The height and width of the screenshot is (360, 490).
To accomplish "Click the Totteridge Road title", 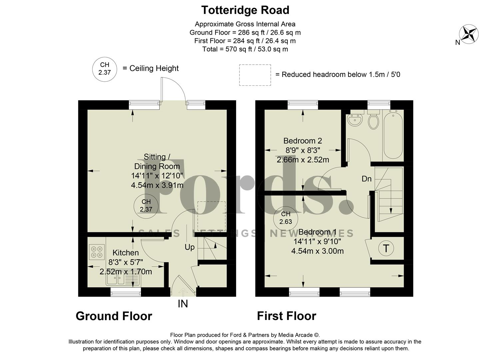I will [245, 10].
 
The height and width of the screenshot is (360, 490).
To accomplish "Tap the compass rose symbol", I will [469, 34].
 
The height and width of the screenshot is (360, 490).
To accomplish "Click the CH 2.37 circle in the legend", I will [105, 69].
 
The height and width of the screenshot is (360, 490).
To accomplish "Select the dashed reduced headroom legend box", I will [255, 75].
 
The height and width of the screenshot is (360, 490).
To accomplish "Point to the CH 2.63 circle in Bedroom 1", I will [285, 218].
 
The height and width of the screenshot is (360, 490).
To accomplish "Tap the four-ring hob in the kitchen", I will [97, 252].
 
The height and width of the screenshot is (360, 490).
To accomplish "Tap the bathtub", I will [393, 135].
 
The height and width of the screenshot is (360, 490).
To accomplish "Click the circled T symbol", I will [386, 248].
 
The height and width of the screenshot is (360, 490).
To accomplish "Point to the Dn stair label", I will [366, 179].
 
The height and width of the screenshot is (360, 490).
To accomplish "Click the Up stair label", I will [190, 247].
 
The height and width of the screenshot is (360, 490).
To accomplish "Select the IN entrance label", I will [183, 304].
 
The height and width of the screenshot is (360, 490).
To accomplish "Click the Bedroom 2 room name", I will [302, 141].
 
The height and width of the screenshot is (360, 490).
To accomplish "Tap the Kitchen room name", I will [126, 253].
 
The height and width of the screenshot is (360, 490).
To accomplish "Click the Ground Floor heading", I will [114, 316].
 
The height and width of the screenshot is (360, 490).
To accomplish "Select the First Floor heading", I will [286, 316].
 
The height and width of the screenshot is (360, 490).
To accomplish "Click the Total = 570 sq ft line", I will [245, 49].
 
